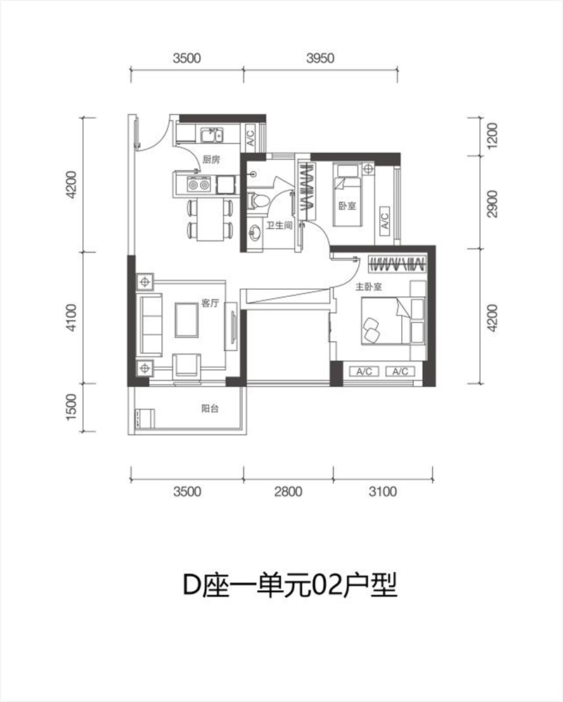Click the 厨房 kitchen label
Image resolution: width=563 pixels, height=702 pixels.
tap(211, 160)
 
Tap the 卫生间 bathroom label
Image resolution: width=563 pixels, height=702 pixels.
tap(279, 225)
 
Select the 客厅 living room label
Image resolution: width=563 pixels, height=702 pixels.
tap(210, 303)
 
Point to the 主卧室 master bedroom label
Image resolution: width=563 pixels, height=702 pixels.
tap(369, 286)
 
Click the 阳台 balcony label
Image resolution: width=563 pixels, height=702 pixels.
tap(210, 408)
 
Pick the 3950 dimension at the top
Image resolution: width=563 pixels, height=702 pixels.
tap(320, 58)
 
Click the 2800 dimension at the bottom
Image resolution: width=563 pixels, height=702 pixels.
tap(288, 492)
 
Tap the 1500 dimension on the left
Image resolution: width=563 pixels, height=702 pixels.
tap(72, 407)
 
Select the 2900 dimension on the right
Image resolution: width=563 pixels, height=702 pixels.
tap(492, 204)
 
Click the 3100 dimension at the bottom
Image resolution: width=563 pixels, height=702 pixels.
tap(383, 492)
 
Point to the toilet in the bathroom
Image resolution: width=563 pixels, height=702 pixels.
tap(258, 200)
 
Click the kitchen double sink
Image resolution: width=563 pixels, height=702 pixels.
tap(212, 135)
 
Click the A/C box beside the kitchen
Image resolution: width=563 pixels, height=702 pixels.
tap(250, 136)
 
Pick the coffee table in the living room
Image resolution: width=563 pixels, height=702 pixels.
tap(186, 319)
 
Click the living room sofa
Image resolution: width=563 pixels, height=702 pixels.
tap(151, 324)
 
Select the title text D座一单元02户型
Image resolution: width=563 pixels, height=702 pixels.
tap(290, 585)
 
